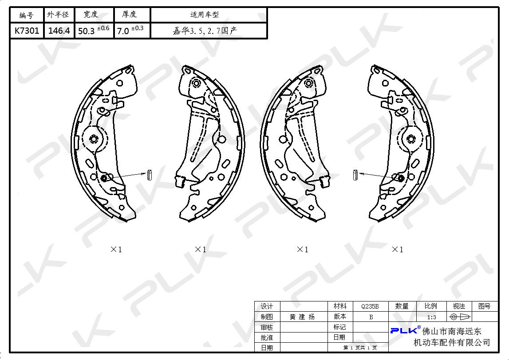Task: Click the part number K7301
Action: click(x=27, y=31)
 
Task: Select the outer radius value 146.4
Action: click(x=59, y=31)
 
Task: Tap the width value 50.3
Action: click(x=87, y=31)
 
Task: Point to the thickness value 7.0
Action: click(x=123, y=31)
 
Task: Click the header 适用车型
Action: click(x=205, y=15)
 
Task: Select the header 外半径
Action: click(x=58, y=15)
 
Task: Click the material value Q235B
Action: click(x=370, y=306)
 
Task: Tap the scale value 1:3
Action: click(x=431, y=317)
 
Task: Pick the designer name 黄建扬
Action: click(x=302, y=317)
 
